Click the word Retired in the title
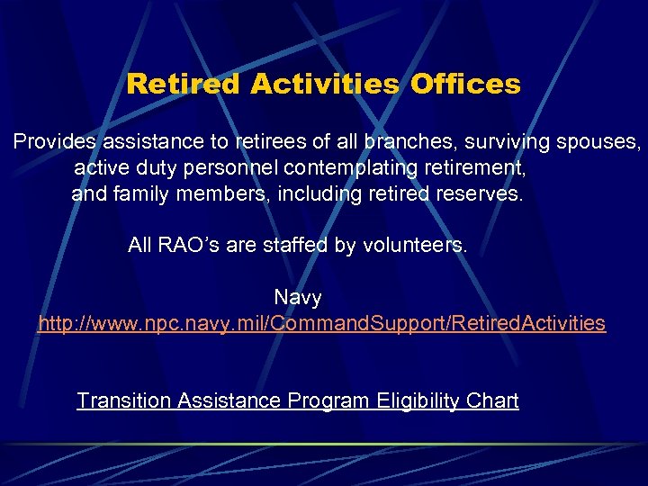(x=184, y=84)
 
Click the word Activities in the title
(x=326, y=84)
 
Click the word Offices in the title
(x=465, y=84)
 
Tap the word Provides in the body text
(x=54, y=142)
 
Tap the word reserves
(x=480, y=194)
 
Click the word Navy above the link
(x=298, y=297)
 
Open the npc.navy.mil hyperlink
(x=321, y=323)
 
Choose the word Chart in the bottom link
(x=495, y=400)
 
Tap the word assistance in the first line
(x=145, y=142)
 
